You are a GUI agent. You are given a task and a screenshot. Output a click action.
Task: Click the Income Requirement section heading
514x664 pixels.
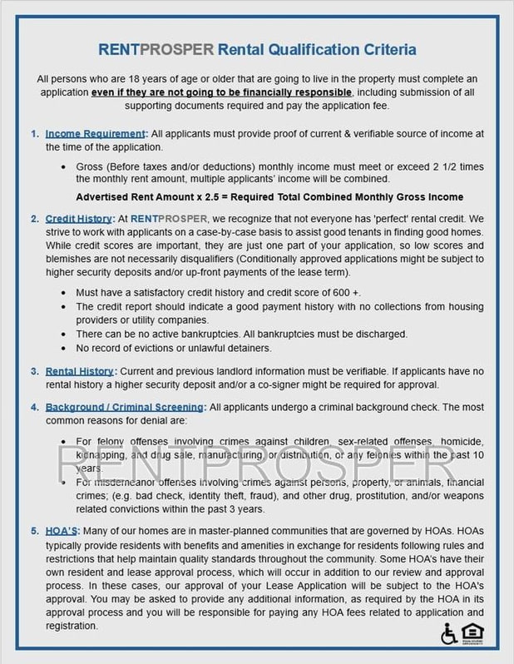tap(96, 134)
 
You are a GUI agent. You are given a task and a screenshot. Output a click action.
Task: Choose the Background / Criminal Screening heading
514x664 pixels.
tap(124, 407)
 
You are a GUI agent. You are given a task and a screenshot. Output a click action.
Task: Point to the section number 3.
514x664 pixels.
tap(34, 370)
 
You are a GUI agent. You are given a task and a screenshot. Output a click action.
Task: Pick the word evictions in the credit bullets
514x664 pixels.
tap(154, 347)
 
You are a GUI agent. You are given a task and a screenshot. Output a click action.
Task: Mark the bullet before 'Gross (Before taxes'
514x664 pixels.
tap(66, 166)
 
